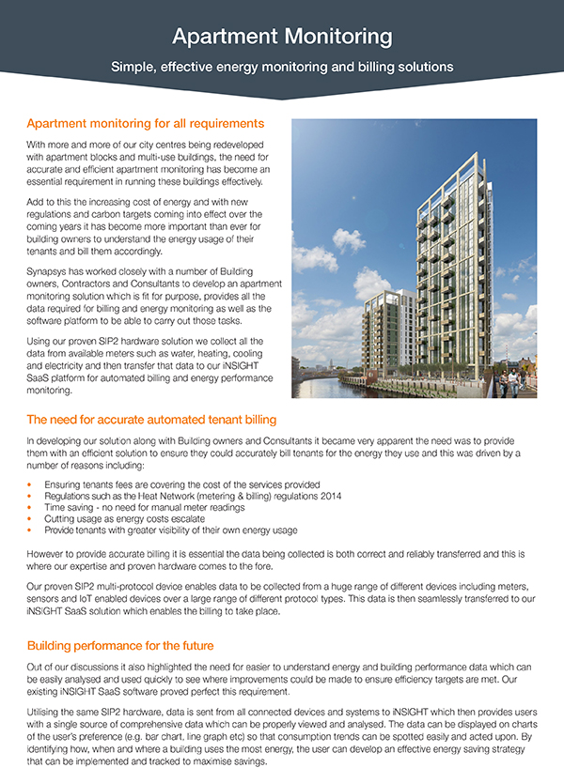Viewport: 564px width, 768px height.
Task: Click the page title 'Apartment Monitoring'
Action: point(281,37)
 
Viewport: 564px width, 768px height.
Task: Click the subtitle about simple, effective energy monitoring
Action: point(281,68)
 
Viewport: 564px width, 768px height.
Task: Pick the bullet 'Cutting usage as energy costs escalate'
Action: point(121,518)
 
